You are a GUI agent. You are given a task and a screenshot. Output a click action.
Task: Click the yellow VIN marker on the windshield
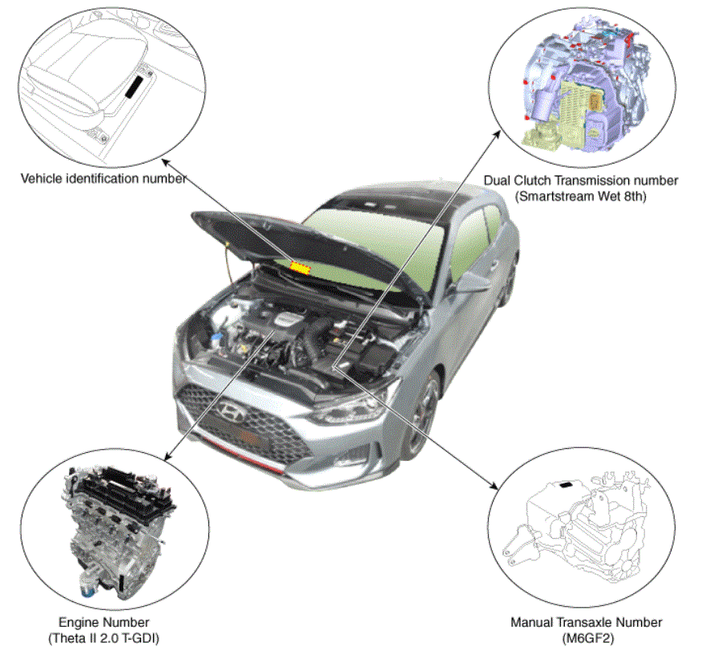point(301,268)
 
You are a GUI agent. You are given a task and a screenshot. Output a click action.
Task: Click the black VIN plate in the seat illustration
point(134,87)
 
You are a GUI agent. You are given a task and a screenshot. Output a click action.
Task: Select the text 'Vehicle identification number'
point(103,179)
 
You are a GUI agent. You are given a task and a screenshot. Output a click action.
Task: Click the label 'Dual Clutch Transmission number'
point(581,180)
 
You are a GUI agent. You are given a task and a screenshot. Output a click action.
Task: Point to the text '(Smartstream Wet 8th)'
point(581,196)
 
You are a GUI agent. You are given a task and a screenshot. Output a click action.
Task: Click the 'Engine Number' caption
point(104,622)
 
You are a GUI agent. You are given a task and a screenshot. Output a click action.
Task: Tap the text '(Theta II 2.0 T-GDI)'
point(104,638)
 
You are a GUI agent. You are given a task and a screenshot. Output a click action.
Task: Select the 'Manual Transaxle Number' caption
point(587,622)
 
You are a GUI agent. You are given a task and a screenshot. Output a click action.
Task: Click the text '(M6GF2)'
point(587,638)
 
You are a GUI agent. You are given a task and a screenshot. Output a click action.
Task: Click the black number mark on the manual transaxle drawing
point(566,485)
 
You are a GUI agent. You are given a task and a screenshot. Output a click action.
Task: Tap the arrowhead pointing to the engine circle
point(167,457)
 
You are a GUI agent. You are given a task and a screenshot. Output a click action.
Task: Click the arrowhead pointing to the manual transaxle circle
point(494,486)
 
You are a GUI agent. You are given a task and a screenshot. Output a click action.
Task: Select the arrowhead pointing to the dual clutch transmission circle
point(497,134)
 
